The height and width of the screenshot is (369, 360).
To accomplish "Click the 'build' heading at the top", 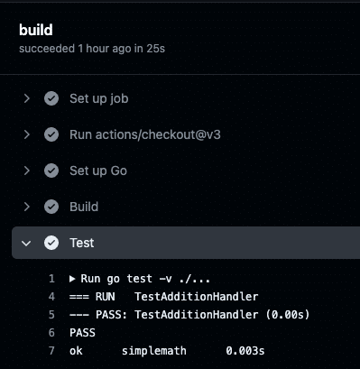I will point(36,30).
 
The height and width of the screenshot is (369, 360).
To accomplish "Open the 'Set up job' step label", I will point(105,98).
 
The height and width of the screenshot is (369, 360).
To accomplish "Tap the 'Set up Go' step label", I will point(98,171).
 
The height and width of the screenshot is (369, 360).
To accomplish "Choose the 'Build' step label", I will point(84,207).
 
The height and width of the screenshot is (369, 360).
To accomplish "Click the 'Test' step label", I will point(82,243).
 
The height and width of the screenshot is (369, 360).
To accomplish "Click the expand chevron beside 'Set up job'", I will point(27,98).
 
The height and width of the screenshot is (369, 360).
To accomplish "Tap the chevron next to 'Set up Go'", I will point(27,171).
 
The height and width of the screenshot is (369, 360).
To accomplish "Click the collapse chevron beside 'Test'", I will point(27,243).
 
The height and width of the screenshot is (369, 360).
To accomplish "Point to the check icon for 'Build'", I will point(51,207).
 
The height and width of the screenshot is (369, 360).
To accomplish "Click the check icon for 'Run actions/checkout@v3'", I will point(51,134).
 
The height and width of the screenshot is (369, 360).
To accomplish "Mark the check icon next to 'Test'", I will point(51,243).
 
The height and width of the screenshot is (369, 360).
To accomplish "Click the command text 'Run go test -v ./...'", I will point(145,279).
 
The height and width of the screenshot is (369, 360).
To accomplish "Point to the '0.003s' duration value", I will point(245,351).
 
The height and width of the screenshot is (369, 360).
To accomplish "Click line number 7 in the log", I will point(51,351).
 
